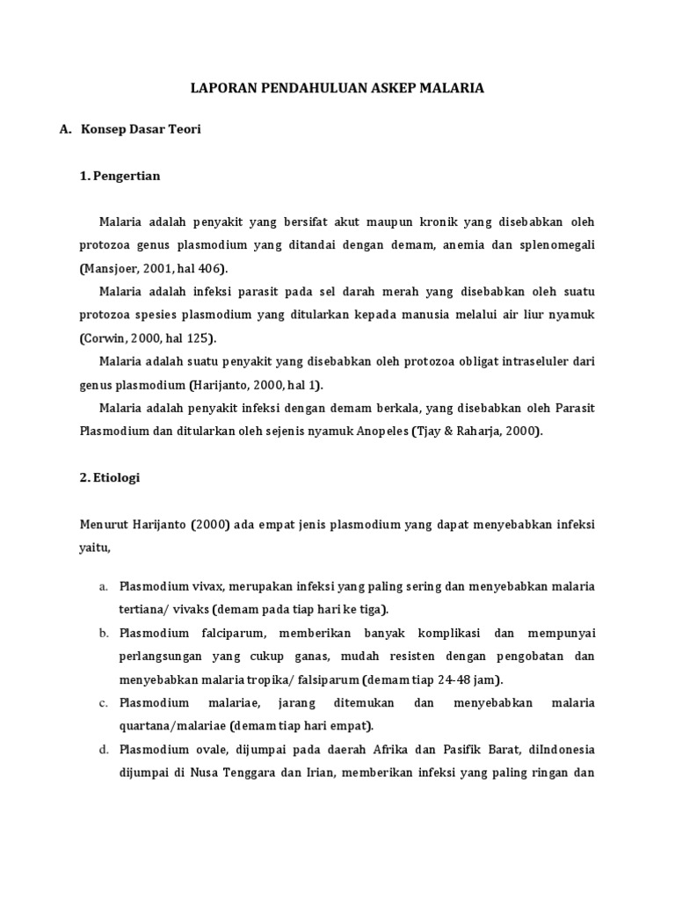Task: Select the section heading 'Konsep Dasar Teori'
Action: (x=142, y=129)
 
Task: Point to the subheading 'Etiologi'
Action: (x=114, y=478)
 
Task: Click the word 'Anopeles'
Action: (x=381, y=431)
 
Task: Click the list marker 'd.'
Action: (x=103, y=750)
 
